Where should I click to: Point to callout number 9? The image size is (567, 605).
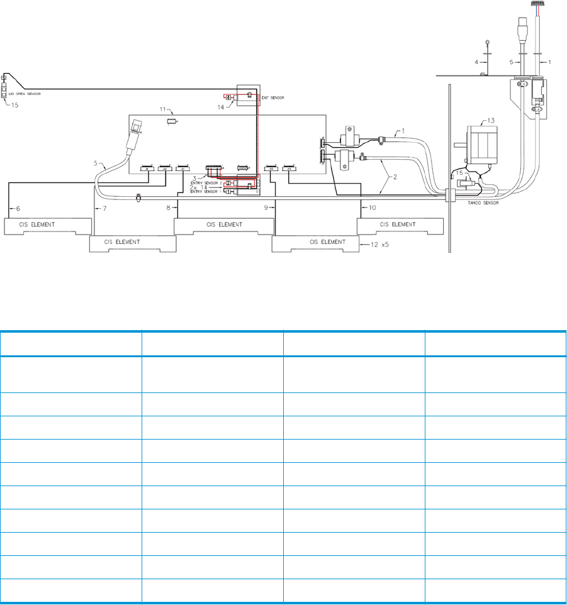pos(267,207)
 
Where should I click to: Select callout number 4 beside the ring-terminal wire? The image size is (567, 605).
pos(476,62)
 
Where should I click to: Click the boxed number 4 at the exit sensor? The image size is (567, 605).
pos(228,98)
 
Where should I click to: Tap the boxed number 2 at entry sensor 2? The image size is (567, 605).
pos(228,183)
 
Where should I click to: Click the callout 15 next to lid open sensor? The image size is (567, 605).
pos(14,105)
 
